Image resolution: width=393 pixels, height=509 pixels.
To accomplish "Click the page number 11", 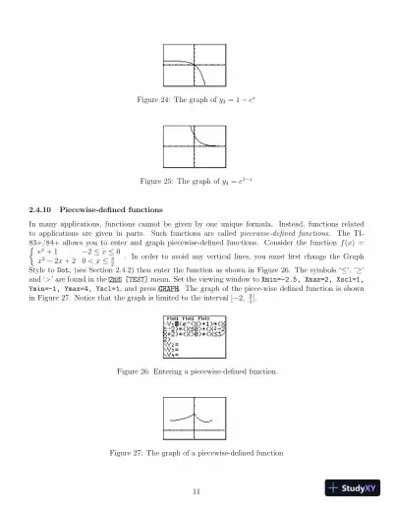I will [x=196, y=491].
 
